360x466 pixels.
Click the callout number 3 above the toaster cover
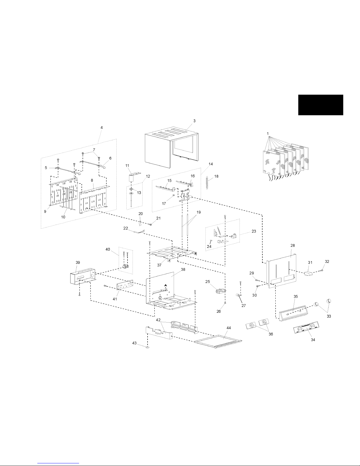click(x=194, y=121)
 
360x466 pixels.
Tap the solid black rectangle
click(x=321, y=105)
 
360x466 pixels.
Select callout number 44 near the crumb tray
click(x=229, y=328)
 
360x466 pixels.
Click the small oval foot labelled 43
click(x=148, y=347)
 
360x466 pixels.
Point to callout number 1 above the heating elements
click(x=268, y=133)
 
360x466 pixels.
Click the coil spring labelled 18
click(x=207, y=183)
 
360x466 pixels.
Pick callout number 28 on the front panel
click(x=293, y=245)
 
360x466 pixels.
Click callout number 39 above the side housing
click(x=78, y=263)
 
